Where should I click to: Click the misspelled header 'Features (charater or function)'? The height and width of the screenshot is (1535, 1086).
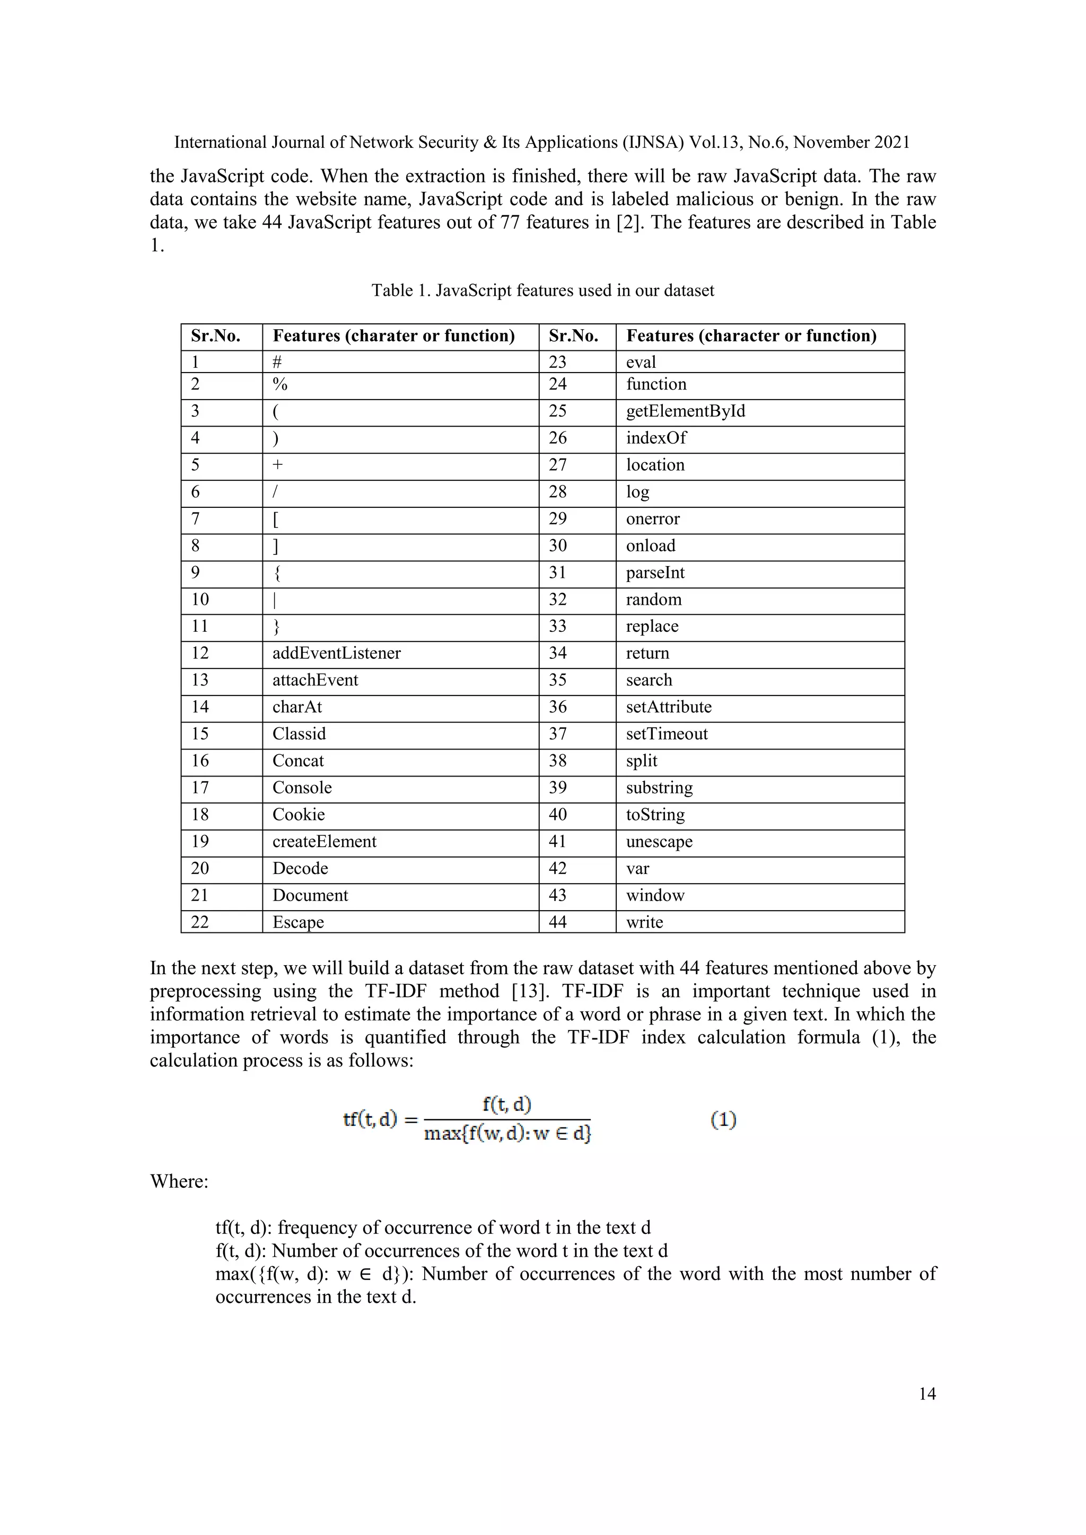coord(393,336)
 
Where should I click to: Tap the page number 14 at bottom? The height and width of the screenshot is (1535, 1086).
coord(927,1394)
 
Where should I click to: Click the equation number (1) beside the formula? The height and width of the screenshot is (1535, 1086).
coord(723,1120)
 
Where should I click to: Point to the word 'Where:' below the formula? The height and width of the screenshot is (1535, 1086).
coord(179,1181)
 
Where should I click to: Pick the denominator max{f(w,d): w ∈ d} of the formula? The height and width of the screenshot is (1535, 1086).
coord(507,1134)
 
